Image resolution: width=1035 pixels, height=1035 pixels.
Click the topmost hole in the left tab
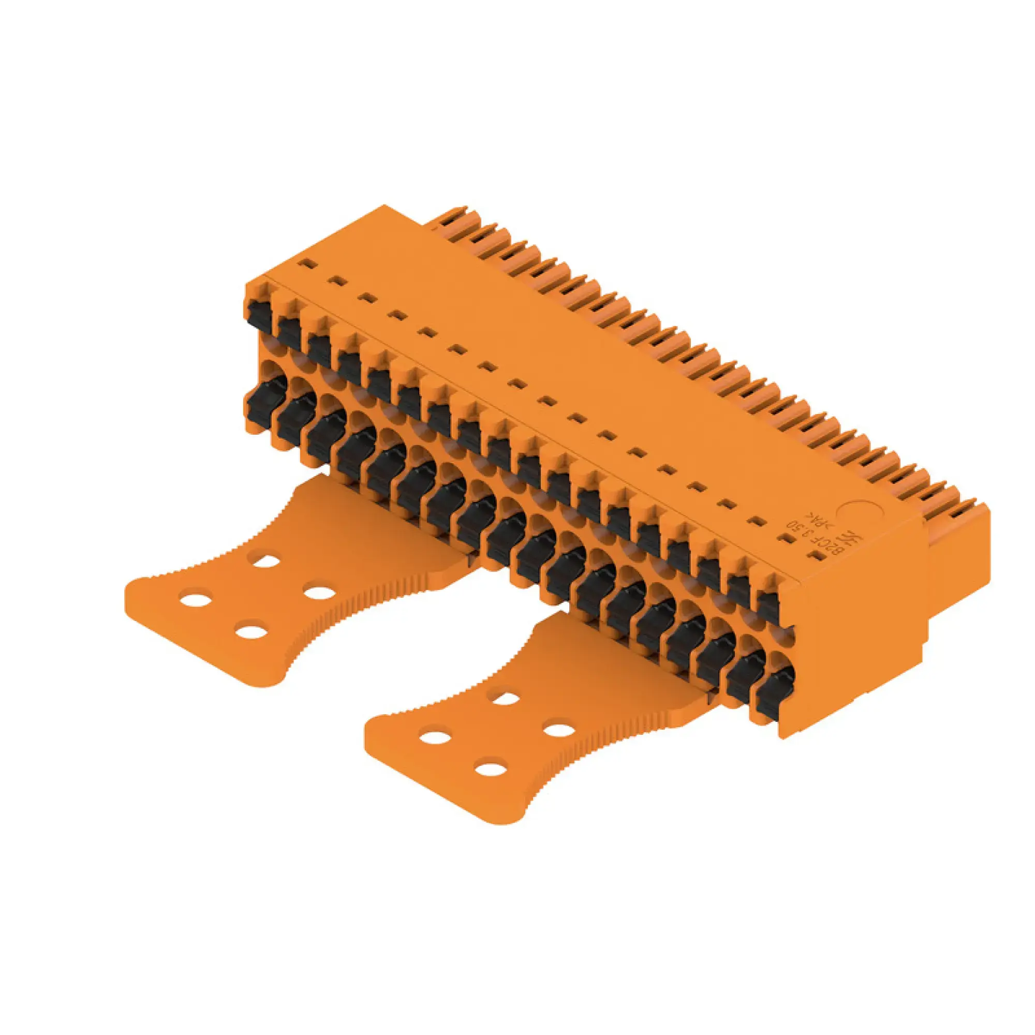[x=266, y=561]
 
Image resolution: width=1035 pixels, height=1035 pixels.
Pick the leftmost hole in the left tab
[x=196, y=599]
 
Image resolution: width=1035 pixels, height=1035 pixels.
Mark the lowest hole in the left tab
[x=252, y=630]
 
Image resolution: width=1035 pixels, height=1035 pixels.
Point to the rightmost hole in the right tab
[x=559, y=730]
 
